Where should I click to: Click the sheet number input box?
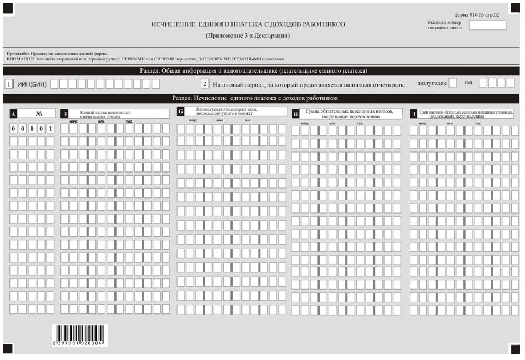coord(487,25)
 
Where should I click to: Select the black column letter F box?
coord(65,114)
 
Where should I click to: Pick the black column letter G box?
coord(180,111)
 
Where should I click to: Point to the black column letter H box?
coord(295,114)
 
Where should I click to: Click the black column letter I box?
coord(413,114)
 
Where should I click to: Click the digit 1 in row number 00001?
coord(50,128)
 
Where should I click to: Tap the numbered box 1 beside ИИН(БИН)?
coord(9,84)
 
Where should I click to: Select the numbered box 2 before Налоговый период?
coord(205,84)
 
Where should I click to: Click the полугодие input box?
coord(453,83)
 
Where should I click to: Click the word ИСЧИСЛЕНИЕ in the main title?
coord(173,24)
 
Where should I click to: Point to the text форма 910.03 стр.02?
coord(476,15)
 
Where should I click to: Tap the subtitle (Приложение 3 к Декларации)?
coord(248,36)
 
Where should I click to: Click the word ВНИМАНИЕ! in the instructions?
coord(18,59)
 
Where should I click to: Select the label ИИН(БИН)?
coord(32,84)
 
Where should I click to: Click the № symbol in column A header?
coord(39,113)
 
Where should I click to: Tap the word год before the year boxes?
coord(468,82)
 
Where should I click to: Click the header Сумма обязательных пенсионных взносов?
coord(350,111)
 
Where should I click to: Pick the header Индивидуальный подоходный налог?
coord(227,109)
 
